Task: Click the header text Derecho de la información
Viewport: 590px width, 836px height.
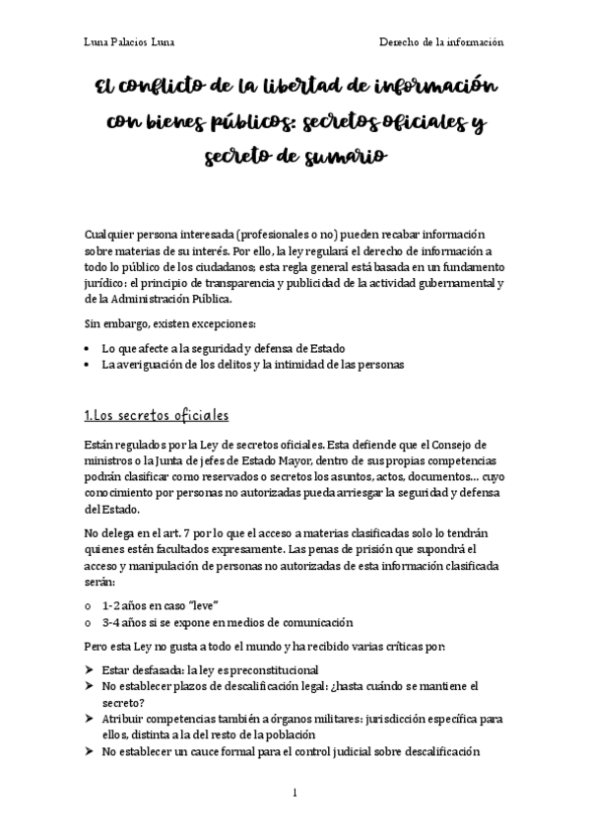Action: (441, 42)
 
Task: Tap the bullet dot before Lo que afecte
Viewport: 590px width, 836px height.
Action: (91, 348)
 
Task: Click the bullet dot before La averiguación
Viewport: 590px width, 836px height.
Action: (91, 365)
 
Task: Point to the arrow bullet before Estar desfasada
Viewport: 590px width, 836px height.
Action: (91, 669)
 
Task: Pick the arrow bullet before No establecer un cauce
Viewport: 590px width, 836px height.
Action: (91, 752)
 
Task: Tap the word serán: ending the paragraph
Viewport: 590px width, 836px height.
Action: (103, 584)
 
